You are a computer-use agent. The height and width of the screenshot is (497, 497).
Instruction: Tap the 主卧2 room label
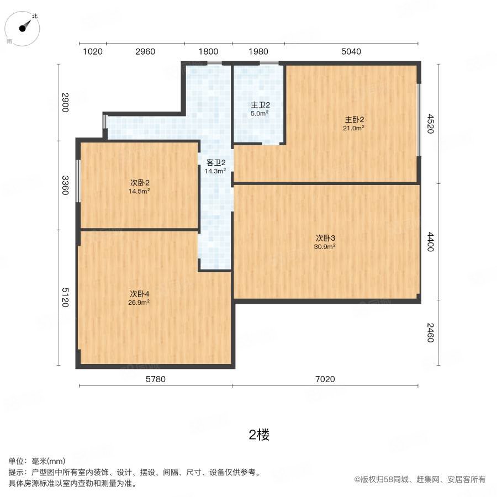tap(355, 119)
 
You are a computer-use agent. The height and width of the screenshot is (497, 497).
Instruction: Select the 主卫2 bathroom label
tap(260, 105)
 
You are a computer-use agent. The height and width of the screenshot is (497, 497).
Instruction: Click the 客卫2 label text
tap(215, 162)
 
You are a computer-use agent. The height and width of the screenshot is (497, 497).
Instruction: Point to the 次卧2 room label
tap(140, 182)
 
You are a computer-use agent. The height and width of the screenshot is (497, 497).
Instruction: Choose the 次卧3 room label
tap(325, 238)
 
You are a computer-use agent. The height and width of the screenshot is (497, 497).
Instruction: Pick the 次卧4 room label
tap(140, 293)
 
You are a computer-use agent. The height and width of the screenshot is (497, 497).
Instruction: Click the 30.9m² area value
tap(325, 247)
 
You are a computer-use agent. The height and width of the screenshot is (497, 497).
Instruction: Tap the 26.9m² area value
tap(140, 302)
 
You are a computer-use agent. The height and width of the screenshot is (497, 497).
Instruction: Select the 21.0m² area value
tap(355, 128)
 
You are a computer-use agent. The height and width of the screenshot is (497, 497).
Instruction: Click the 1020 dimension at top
tap(93, 52)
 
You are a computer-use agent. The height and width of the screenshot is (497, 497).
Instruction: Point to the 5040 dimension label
tap(351, 52)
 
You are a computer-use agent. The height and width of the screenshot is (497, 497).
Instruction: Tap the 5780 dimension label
tap(155, 379)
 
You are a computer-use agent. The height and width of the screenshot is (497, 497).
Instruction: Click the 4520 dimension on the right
tap(430, 124)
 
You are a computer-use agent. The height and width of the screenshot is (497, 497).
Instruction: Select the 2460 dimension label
tap(430, 332)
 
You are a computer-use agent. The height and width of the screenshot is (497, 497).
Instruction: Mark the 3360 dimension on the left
tap(65, 185)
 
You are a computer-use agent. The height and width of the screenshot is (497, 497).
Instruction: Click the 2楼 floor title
tap(259, 435)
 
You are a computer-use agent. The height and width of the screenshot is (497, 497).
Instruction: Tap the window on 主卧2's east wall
tap(419, 119)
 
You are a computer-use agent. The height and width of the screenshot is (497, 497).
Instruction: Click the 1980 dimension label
tap(258, 52)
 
